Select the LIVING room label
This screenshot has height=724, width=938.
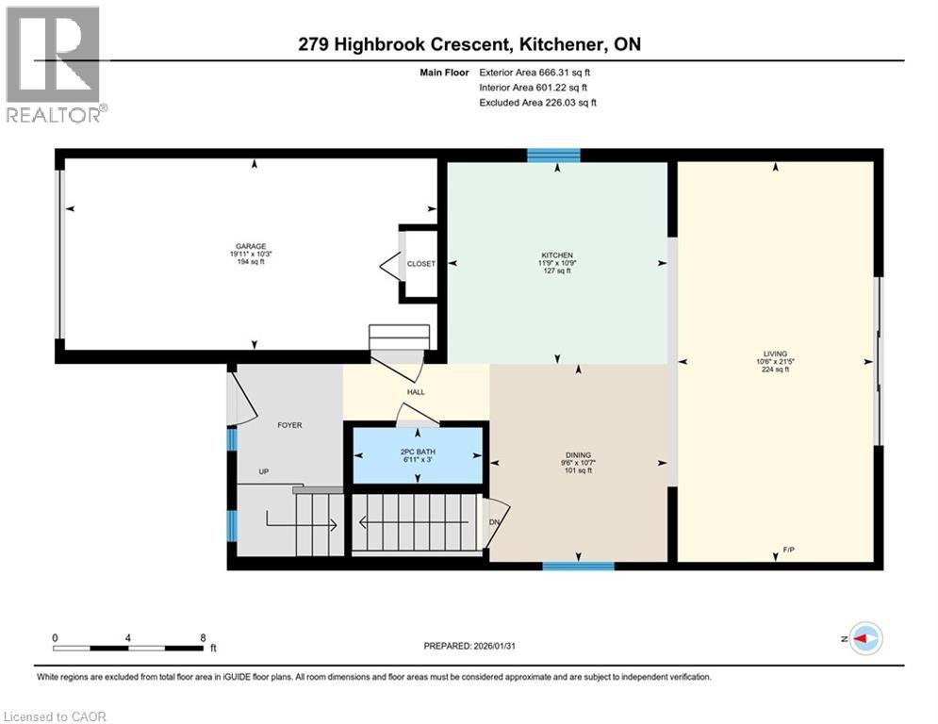tap(775, 354)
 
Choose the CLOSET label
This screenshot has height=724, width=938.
tap(420, 264)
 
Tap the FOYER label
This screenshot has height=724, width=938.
tap(289, 425)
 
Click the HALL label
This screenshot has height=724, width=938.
tap(416, 392)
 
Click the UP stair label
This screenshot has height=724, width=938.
tap(265, 470)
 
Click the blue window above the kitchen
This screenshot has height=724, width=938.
tap(553, 156)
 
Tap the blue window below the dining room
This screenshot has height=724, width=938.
tap(578, 566)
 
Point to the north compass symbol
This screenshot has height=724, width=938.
tap(864, 638)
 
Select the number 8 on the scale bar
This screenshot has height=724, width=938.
tap(203, 637)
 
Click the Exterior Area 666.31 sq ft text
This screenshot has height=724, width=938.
tap(535, 72)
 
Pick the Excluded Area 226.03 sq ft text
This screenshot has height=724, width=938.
tap(537, 102)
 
